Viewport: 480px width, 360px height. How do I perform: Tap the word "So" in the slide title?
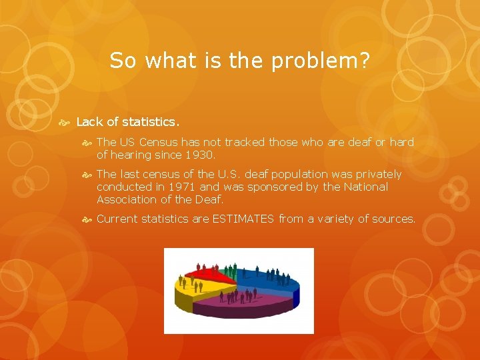coord(122,61)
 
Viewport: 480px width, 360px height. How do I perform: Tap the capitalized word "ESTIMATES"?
coord(243,219)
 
